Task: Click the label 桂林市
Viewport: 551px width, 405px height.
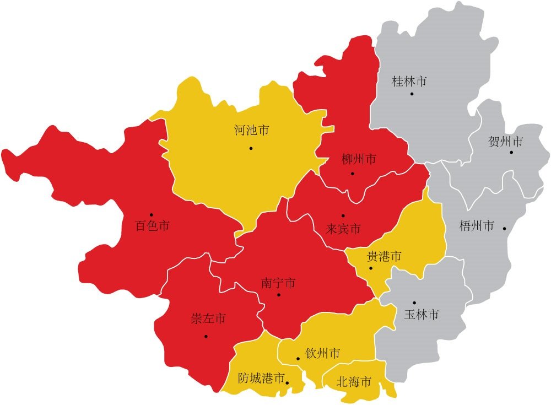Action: tap(409, 82)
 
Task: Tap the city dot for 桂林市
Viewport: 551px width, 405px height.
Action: tap(412, 94)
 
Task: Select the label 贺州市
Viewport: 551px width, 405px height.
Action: tap(505, 142)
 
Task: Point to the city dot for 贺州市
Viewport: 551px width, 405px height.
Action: tap(511, 152)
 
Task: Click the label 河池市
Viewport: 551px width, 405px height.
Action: tap(251, 131)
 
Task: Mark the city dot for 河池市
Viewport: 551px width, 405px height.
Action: tap(251, 148)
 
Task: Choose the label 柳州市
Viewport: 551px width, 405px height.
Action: tap(359, 160)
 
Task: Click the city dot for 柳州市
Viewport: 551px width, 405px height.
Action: tap(353, 174)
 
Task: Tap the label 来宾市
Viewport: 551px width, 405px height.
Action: tap(343, 228)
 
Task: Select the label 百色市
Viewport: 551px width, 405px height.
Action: tap(152, 225)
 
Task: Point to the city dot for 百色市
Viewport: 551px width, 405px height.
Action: tap(151, 214)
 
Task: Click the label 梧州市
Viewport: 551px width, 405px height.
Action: tap(477, 226)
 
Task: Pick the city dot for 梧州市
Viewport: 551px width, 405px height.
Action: tap(504, 228)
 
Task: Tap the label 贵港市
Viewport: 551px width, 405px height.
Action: tap(384, 256)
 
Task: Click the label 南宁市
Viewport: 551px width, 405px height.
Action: tap(278, 283)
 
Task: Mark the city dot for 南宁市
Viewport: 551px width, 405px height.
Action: tap(279, 295)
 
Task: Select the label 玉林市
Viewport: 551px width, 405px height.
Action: tap(422, 315)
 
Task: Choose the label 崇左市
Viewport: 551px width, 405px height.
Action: tap(208, 319)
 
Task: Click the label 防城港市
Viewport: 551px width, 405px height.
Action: tap(261, 379)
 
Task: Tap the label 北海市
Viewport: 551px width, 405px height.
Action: tap(353, 381)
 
